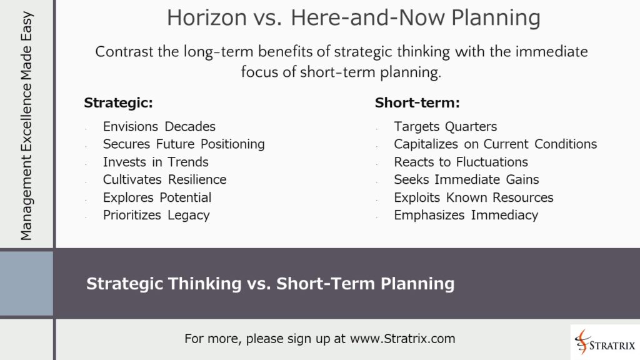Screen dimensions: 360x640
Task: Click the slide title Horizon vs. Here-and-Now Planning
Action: pyautogui.click(x=353, y=18)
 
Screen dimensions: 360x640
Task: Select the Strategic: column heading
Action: pyautogui.click(x=118, y=102)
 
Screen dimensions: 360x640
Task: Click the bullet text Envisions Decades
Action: pyautogui.click(x=159, y=126)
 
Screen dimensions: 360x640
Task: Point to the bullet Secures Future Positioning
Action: pyautogui.click(x=184, y=144)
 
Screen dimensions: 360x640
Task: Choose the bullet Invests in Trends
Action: pyautogui.click(x=156, y=162)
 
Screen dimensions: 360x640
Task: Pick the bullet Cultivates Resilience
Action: pyautogui.click(x=164, y=180)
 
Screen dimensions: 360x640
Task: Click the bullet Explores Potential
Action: pyautogui.click(x=157, y=197)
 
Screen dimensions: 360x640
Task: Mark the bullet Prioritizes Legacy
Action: pyautogui.click(x=156, y=216)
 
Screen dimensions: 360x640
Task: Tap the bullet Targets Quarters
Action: pyautogui.click(x=445, y=126)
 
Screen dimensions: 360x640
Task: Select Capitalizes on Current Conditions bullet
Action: pyautogui.click(x=495, y=144)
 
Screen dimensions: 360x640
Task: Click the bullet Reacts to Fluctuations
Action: pyautogui.click(x=461, y=162)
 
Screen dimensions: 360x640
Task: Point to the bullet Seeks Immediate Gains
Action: pyautogui.click(x=466, y=180)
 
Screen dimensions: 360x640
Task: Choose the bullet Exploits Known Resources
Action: pyautogui.click(x=473, y=197)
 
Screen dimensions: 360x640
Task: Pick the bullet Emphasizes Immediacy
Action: pyautogui.click(x=466, y=216)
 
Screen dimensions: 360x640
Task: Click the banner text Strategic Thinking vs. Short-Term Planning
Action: pyautogui.click(x=270, y=284)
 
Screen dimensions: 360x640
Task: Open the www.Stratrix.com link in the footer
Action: pyautogui.click(x=402, y=339)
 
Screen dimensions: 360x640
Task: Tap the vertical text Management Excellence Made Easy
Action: pyautogui.click(x=26, y=126)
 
